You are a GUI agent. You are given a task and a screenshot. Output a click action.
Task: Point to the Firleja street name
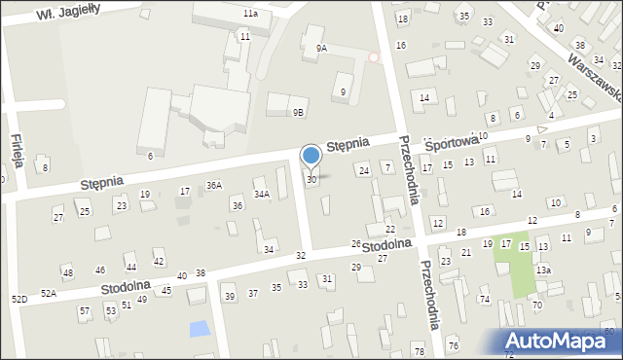tap(16, 153)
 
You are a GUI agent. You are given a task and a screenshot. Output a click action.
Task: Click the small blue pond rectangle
tap(199, 329)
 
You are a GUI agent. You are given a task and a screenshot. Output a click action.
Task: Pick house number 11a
tap(250, 14)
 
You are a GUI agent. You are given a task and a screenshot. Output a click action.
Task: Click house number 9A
tap(321, 48)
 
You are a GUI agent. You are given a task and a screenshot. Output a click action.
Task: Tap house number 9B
tap(299, 112)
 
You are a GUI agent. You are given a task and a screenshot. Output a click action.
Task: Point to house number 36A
tap(214, 185)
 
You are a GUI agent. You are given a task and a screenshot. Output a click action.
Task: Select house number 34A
tap(262, 194)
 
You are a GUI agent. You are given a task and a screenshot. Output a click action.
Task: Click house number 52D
tap(18, 299)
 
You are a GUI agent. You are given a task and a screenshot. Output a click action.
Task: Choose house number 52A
tap(49, 293)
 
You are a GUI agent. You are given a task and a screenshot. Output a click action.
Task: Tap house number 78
tap(419, 350)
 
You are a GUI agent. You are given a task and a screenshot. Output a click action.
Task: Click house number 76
tap(453, 346)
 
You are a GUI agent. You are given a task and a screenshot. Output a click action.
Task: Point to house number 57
tap(85, 311)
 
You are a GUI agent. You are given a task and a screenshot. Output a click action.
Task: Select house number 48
tap(67, 272)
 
